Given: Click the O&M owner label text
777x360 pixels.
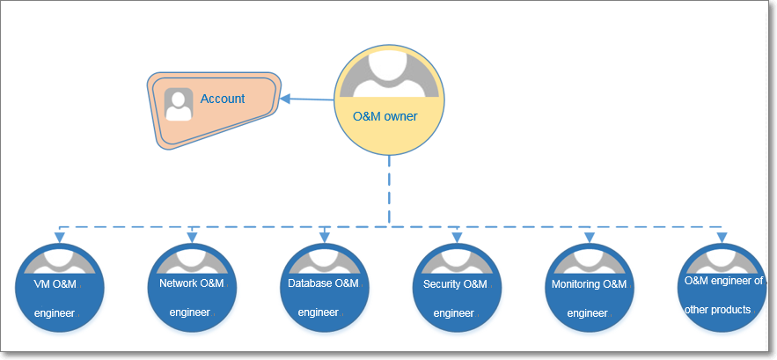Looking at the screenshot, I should pos(385,116).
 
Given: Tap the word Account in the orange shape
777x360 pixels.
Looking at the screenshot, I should pos(223,99).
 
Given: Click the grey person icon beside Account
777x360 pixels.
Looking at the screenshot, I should pos(179,105).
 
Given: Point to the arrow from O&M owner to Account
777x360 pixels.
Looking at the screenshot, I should pos(308,99).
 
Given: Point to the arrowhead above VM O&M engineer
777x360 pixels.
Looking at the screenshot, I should pos(60,237).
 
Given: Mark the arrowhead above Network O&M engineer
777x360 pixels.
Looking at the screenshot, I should pos(192,237).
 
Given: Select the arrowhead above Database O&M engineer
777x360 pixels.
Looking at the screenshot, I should pos(324,237).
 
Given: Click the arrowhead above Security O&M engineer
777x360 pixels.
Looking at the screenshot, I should pos(456,237).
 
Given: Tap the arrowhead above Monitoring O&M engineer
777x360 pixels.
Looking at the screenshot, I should pos(589,237).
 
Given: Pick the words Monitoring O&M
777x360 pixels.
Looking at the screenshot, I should pos(589,284).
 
